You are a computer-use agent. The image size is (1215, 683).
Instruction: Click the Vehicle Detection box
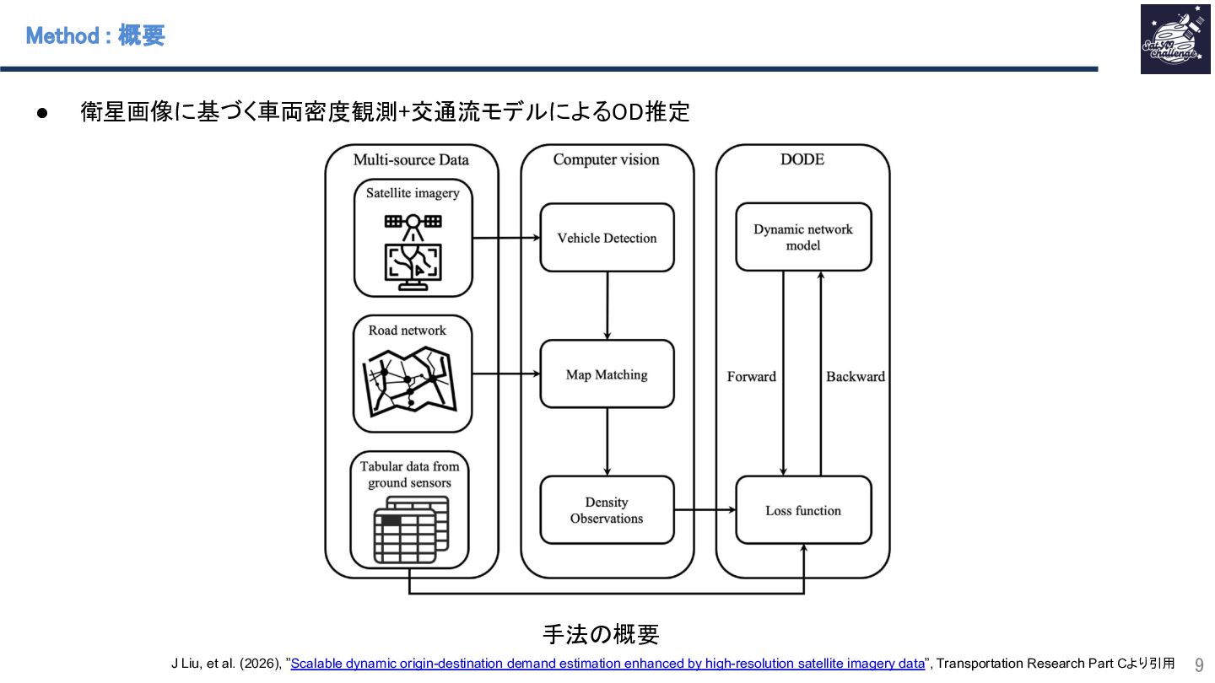pyautogui.click(x=607, y=238)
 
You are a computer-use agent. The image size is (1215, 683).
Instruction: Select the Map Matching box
pyautogui.click(x=607, y=374)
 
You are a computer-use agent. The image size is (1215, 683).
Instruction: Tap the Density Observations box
pyautogui.click(x=607, y=510)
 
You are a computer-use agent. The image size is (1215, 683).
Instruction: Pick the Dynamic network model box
pyautogui.click(x=802, y=237)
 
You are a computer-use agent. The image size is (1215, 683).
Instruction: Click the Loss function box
pyautogui.click(x=802, y=510)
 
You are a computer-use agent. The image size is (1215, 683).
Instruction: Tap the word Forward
pyautogui.click(x=751, y=377)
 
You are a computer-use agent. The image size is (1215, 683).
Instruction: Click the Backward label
pyautogui.click(x=855, y=377)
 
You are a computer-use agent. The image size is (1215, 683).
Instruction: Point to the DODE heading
pyautogui.click(x=802, y=159)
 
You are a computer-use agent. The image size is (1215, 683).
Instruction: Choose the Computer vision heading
pyautogui.click(x=606, y=159)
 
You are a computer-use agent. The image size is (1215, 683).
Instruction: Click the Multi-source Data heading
pyautogui.click(x=411, y=159)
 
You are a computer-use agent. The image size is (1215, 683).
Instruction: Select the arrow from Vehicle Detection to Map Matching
pyautogui.click(x=607, y=305)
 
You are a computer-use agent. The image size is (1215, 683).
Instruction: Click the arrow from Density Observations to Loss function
pyautogui.click(x=705, y=510)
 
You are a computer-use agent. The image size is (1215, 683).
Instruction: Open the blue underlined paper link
pyautogui.click(x=607, y=664)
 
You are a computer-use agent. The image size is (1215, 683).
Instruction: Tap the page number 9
pyautogui.click(x=1198, y=664)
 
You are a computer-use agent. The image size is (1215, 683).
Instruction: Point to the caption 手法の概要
pyautogui.click(x=600, y=634)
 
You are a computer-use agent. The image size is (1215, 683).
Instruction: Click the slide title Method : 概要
pyautogui.click(x=95, y=35)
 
